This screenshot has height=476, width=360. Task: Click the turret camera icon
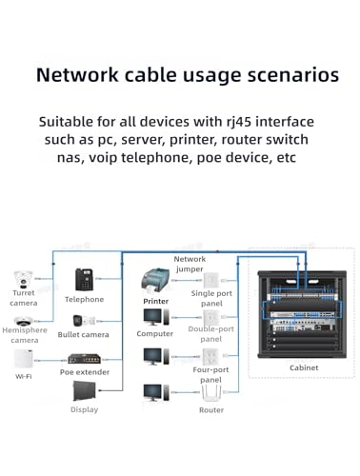pyautogui.click(x=23, y=279)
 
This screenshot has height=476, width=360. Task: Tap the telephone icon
pyautogui.click(x=84, y=280)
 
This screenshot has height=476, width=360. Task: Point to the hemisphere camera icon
pyautogui.click(x=23, y=321)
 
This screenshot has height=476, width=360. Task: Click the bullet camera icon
pyautogui.click(x=84, y=321)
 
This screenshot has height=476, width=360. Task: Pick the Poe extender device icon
pyautogui.click(x=84, y=359)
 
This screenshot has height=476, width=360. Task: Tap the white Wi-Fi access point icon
pyautogui.click(x=24, y=359)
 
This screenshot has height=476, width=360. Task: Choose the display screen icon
pyautogui.click(x=84, y=390)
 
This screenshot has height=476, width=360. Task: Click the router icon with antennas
pyautogui.click(x=211, y=393)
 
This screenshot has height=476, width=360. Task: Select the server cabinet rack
pyautogui.click(x=302, y=314)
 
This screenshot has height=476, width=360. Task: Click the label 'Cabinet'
pyautogui.click(x=304, y=367)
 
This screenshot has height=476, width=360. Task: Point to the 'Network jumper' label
pyautogui.click(x=190, y=264)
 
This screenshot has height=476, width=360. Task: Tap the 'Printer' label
pyautogui.click(x=155, y=301)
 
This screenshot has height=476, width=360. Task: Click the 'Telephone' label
pyautogui.click(x=84, y=299)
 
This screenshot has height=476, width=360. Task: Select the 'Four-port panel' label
pyautogui.click(x=210, y=375)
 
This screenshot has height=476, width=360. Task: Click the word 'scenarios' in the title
pyautogui.click(x=293, y=75)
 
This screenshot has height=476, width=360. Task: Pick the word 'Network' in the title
pyautogui.click(x=77, y=75)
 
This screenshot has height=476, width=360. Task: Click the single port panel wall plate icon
pyautogui.click(x=210, y=280)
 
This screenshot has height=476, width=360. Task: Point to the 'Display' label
pyautogui.click(x=84, y=409)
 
